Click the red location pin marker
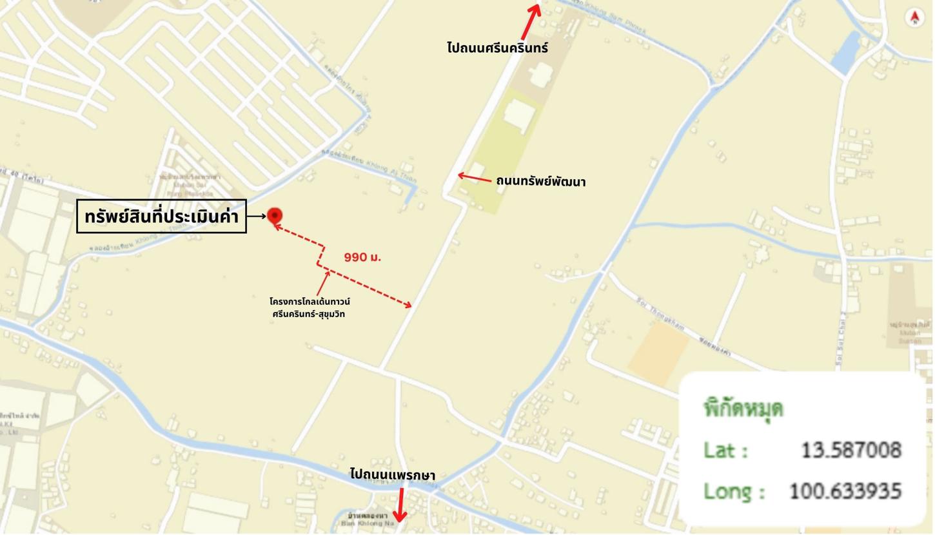[x=275, y=215]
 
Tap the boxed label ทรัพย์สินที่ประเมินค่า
[x=161, y=217]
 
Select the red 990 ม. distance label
[x=362, y=257]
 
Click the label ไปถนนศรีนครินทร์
[x=497, y=48]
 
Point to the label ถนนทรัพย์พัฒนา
[x=540, y=182]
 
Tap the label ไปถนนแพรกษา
[x=392, y=475]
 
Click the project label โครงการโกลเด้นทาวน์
[x=310, y=302]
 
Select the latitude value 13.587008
[x=851, y=450]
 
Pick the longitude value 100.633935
[x=845, y=491]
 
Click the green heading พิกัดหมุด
[x=743, y=408]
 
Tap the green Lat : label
[x=725, y=450]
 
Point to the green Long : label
[x=734, y=491]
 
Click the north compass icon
[x=914, y=17]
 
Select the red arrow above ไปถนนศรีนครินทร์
[x=531, y=21]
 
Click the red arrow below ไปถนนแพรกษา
[x=400, y=505]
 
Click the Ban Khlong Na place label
[x=368, y=520]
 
